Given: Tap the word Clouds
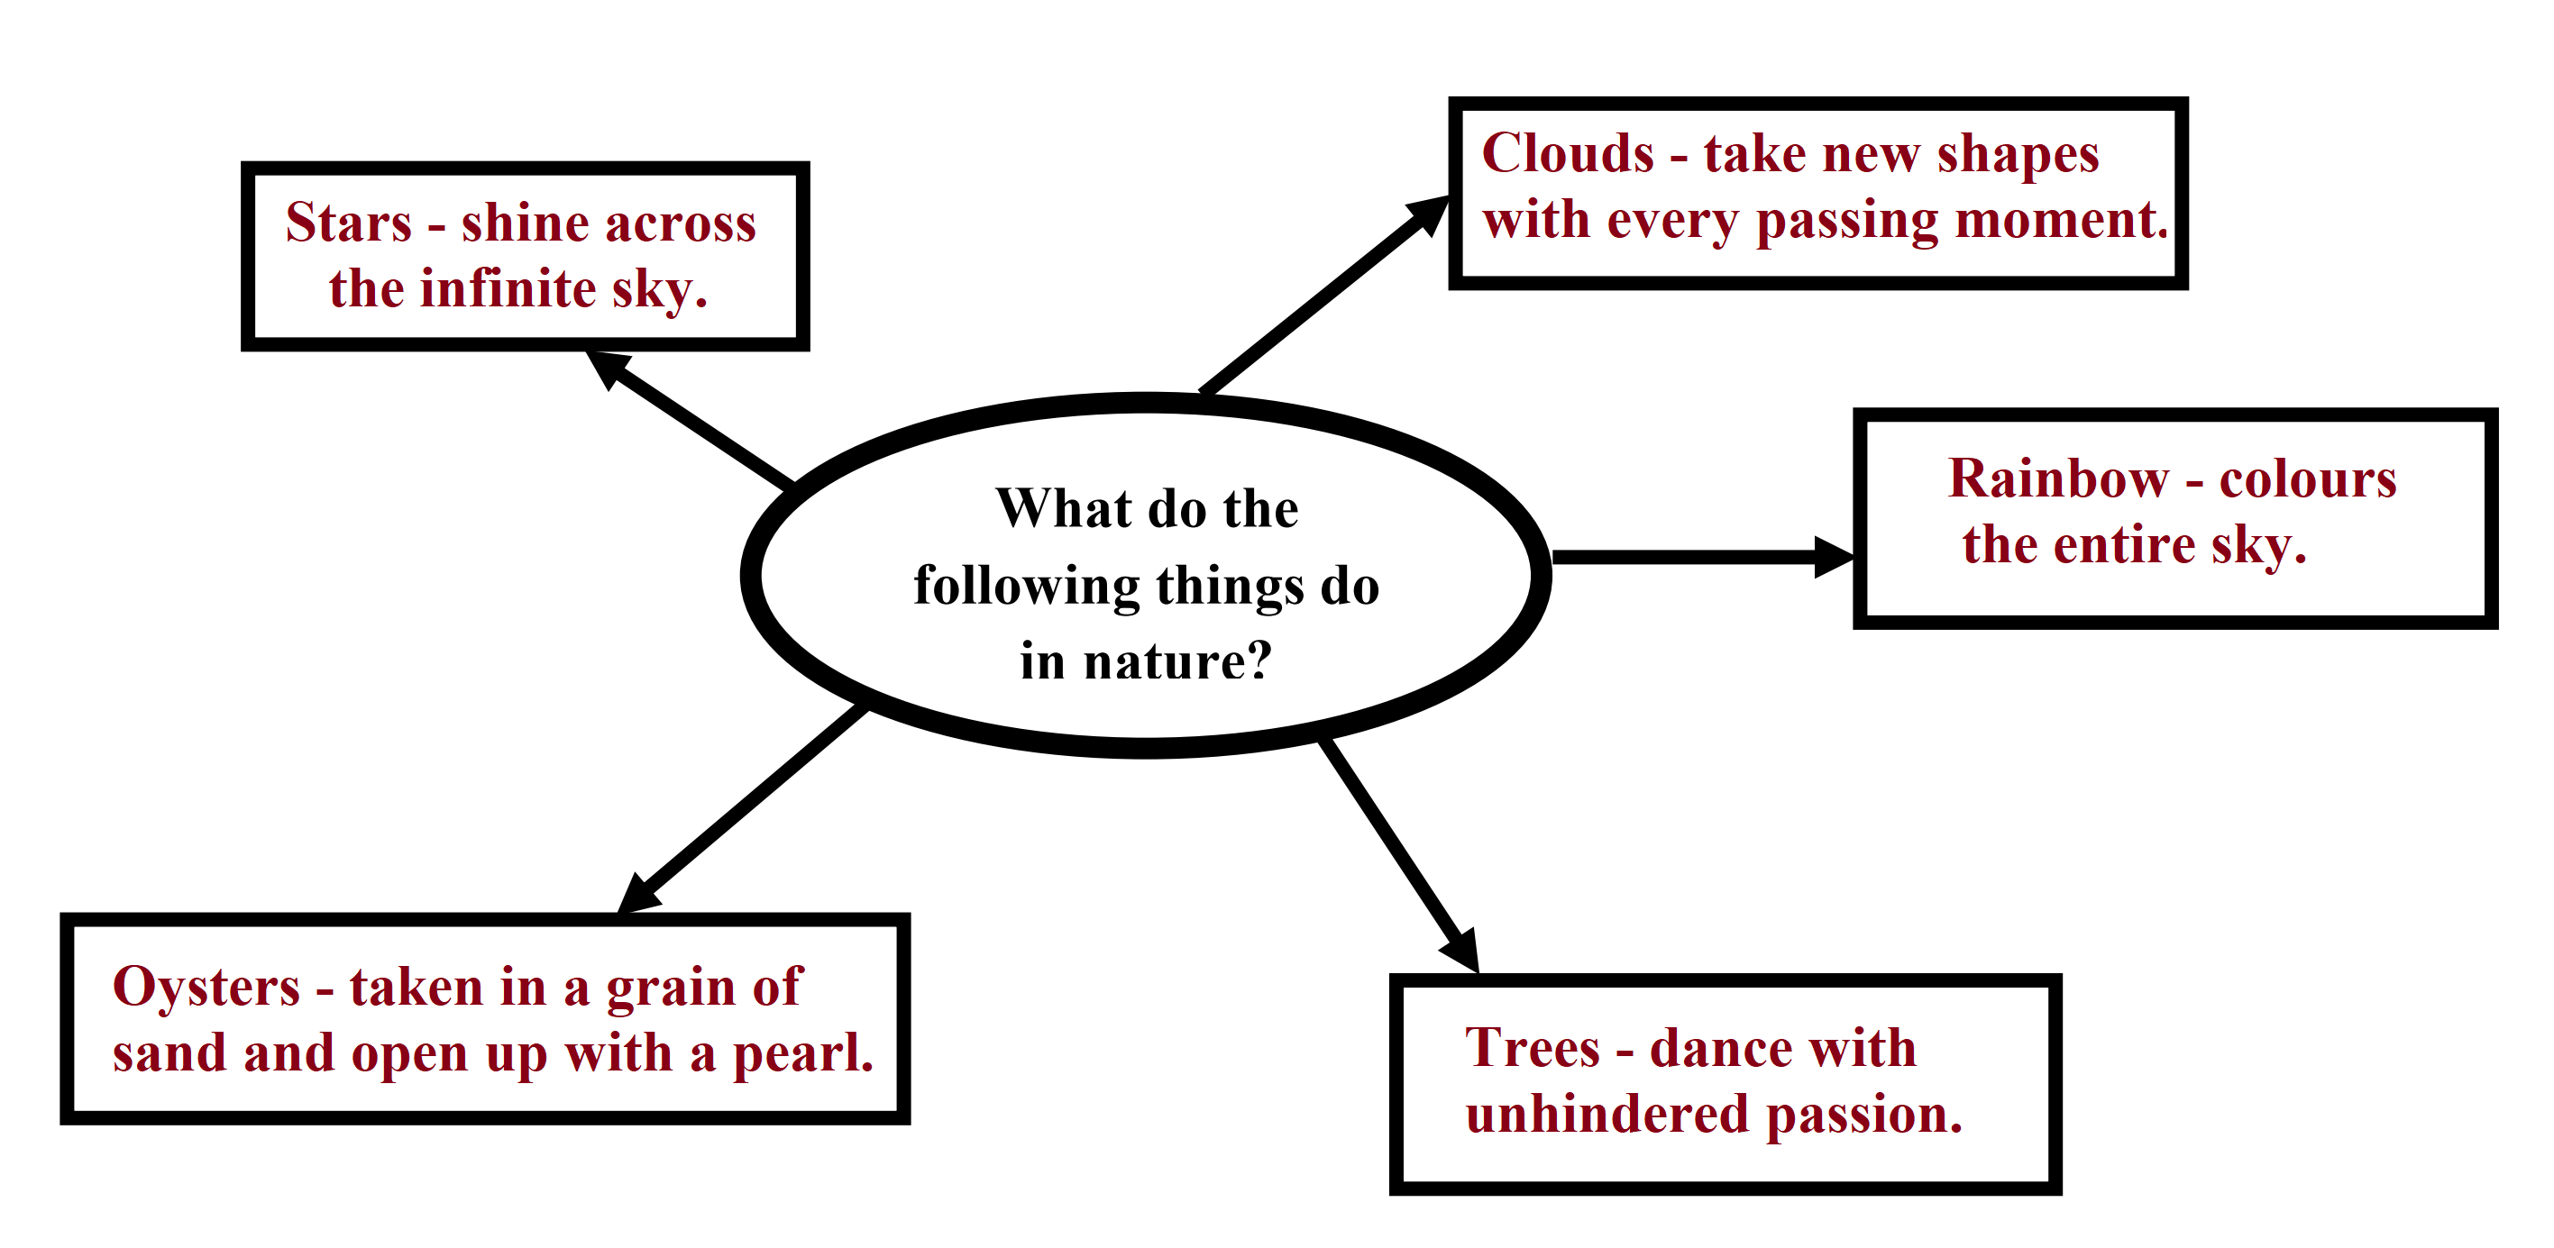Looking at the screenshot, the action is (x=1568, y=154).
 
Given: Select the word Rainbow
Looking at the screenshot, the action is (x=2058, y=478).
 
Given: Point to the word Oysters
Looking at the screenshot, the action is (x=206, y=988).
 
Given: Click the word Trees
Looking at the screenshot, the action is (x=1533, y=1048).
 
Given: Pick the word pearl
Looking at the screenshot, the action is (x=803, y=1054).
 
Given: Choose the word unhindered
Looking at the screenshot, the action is (x=1607, y=1114).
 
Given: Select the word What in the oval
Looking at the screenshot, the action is (x=1064, y=508).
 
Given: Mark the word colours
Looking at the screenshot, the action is (x=2307, y=479).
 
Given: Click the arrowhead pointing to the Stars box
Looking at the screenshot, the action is (x=608, y=368).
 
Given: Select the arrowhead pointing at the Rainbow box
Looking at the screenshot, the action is (x=1835, y=557).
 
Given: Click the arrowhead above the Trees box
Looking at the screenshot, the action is (x=1460, y=950).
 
